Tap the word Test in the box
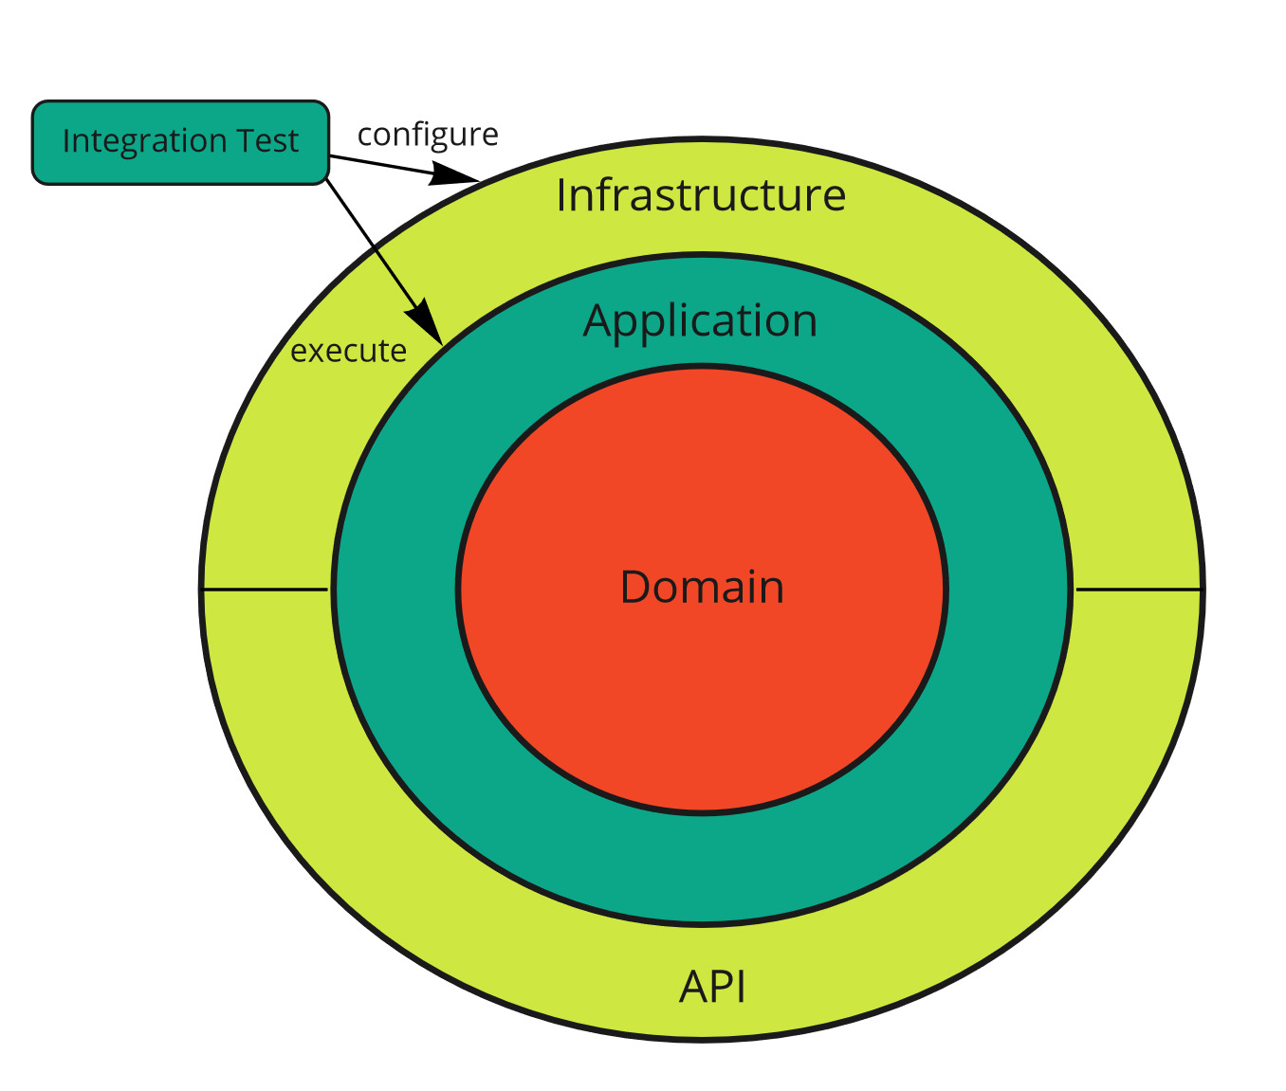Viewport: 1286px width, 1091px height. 268,141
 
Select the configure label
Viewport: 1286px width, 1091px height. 428,136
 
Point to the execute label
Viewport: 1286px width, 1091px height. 348,352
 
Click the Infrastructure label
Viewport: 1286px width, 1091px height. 701,195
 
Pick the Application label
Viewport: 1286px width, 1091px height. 701,321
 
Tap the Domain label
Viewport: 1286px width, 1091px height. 702,588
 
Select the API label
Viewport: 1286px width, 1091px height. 713,987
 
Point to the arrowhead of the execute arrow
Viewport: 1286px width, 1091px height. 428,322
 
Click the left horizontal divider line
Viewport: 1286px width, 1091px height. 266,590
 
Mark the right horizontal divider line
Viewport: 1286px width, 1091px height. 1138,590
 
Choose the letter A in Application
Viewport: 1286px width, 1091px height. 597,321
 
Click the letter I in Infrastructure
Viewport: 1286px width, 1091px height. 561,195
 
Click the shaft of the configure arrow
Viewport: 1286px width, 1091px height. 379,164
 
